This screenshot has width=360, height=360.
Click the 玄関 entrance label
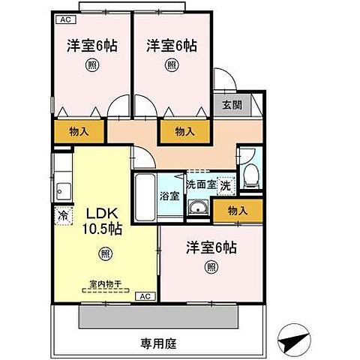(232, 106)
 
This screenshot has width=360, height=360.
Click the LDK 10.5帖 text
(100, 220)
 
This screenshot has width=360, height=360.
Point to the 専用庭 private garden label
(156, 344)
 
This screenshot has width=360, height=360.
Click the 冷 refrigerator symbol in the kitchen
(62, 214)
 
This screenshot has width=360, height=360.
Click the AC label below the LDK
(145, 297)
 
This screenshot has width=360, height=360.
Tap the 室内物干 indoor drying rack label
(105, 284)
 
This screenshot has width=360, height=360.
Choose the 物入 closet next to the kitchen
(78, 131)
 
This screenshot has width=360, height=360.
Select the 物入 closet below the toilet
(237, 211)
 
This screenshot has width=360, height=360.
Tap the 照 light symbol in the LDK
(105, 254)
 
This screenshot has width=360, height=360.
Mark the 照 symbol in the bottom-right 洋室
(211, 267)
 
